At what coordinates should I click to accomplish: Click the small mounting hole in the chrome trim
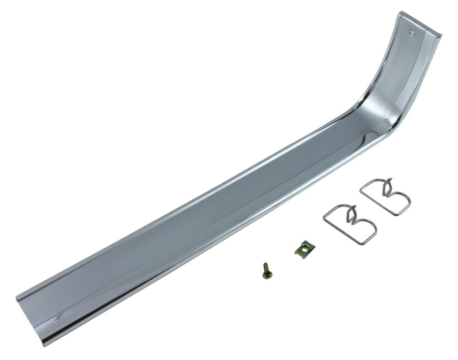pyautogui.click(x=411, y=32)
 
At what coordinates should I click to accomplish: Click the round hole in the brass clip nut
pyautogui.click(x=303, y=249)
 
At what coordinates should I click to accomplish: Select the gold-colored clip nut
pyautogui.click(x=305, y=250)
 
